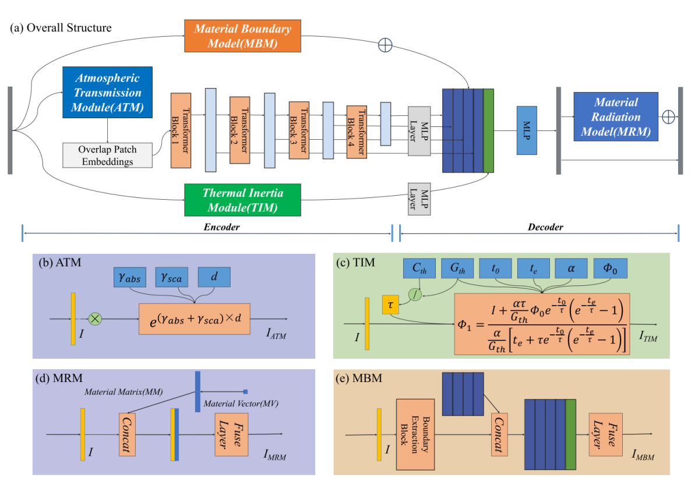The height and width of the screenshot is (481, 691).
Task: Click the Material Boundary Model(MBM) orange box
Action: click(x=242, y=37)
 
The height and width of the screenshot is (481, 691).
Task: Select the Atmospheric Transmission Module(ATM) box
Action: click(x=107, y=92)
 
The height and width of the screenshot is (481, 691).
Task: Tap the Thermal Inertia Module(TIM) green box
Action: click(x=242, y=200)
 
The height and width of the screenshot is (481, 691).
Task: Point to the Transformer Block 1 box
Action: click(x=181, y=130)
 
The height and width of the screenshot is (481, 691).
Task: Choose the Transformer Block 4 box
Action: click(x=357, y=132)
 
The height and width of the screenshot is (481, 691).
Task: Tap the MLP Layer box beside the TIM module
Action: click(x=419, y=200)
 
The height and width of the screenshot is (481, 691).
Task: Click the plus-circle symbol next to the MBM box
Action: click(x=385, y=45)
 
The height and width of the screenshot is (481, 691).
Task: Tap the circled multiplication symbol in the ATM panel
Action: click(x=94, y=319)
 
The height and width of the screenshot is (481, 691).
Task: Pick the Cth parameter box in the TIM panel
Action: click(x=419, y=268)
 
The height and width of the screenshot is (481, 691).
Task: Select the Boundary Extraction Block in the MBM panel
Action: click(x=415, y=434)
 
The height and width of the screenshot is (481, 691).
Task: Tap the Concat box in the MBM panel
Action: click(x=499, y=434)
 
